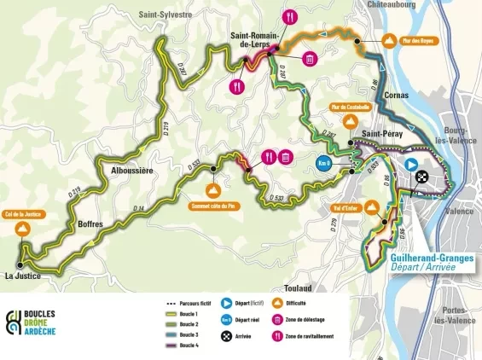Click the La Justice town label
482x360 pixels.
click(x=23, y=276)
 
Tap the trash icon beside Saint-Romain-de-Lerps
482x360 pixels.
click(x=309, y=59)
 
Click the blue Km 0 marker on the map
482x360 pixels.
click(x=323, y=163)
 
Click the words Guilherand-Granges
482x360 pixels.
click(x=422, y=256)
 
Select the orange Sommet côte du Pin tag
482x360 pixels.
click(x=214, y=204)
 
